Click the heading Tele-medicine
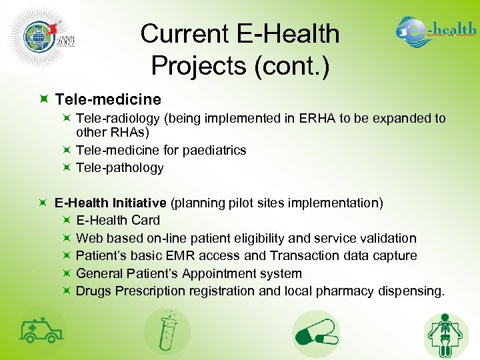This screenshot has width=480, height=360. coord(108,99)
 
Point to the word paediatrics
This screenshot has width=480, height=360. coord(213,150)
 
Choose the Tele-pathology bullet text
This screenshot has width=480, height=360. coord(120,167)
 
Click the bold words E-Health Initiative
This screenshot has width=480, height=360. coord(111,203)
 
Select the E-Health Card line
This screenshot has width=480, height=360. coord(118,220)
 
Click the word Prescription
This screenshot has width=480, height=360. coord(152,291)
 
